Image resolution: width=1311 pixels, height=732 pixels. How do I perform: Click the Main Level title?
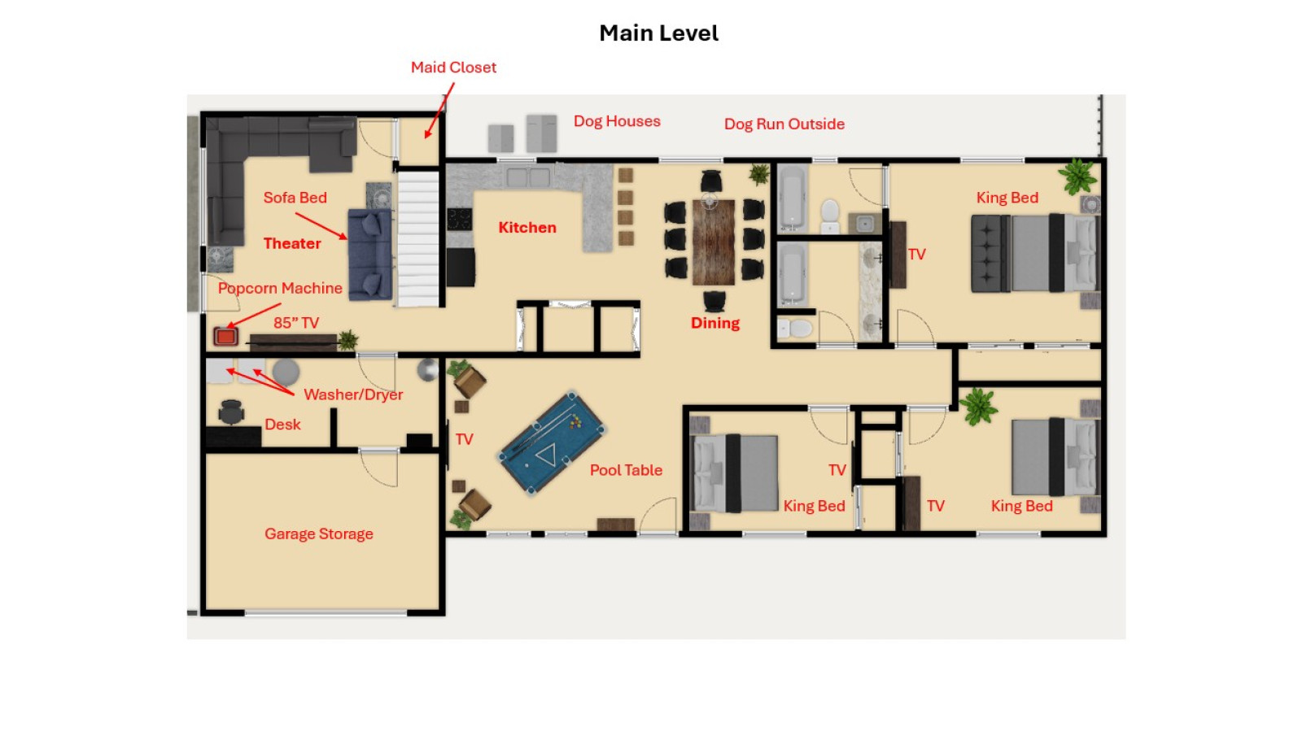[658, 33]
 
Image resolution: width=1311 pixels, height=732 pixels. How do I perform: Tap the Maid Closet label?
[453, 68]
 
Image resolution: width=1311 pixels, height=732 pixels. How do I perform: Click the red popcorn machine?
[225, 336]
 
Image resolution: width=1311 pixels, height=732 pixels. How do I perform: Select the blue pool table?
[551, 442]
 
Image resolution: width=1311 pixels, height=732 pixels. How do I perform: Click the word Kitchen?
[527, 228]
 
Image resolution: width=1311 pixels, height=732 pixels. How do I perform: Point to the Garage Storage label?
[318, 534]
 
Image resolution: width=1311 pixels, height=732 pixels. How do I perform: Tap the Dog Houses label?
[617, 121]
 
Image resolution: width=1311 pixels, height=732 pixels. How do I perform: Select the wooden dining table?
[714, 242]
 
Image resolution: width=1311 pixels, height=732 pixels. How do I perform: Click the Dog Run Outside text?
[784, 124]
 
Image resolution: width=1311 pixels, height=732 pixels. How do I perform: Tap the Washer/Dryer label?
[353, 394]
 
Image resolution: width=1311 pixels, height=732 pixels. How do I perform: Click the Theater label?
[292, 243]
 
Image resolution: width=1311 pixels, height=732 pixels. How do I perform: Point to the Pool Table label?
[626, 470]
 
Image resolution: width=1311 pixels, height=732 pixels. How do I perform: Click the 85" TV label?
[296, 323]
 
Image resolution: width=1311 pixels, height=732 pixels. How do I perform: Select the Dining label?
[715, 323]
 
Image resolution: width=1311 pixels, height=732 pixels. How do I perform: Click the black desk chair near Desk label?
[231, 412]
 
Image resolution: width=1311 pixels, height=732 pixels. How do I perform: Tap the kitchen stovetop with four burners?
[460, 220]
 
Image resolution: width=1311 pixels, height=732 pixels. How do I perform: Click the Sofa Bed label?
[295, 198]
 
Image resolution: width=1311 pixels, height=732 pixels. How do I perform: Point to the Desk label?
[282, 425]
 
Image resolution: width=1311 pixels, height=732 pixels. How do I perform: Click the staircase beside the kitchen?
[418, 239]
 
